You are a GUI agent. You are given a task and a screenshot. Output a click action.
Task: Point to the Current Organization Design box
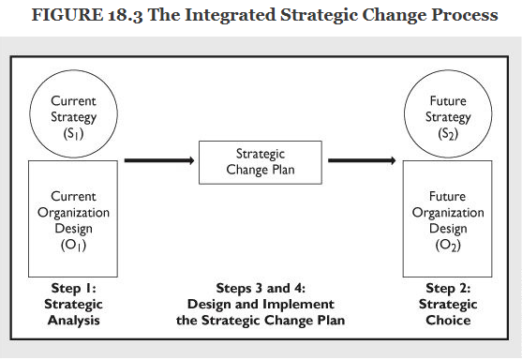click(73, 218)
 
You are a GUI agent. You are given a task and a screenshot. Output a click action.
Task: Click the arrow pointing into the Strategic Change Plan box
click(158, 161)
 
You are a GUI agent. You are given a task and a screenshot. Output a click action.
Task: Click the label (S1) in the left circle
click(73, 133)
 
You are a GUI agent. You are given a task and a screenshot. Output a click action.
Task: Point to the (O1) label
click(73, 245)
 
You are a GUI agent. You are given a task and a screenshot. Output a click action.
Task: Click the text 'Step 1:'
click(73, 289)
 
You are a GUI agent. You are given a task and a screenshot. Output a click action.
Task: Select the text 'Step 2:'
click(447, 289)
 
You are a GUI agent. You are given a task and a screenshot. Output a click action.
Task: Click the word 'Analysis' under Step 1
click(73, 320)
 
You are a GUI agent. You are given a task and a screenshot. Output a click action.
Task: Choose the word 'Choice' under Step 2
click(447, 320)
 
